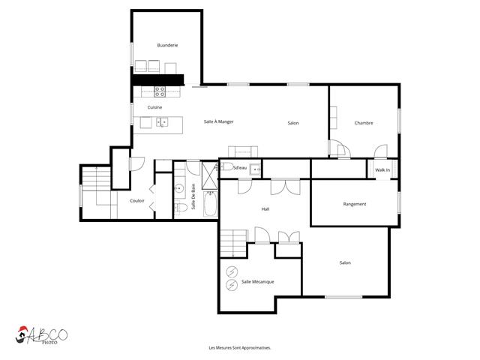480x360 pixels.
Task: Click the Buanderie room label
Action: pos(167,45)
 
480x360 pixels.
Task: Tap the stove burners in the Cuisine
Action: pos(160,91)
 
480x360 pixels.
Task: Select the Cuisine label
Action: pos(154,107)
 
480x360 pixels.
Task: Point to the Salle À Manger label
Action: pos(218,121)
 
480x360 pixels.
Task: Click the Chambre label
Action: pos(364,123)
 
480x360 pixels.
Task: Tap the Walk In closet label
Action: pos(382,170)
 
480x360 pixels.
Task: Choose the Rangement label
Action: pos(355,204)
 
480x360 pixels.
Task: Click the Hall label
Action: pos(265,209)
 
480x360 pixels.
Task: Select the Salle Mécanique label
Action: pos(258,282)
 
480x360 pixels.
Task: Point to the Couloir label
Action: pos(136,201)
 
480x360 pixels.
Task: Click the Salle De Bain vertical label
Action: pos(193,196)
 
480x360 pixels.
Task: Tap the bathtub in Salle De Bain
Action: pos(210,203)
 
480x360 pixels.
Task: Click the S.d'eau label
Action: pos(240,168)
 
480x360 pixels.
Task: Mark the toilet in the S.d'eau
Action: pos(226,166)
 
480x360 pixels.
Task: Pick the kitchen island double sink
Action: pos(162,122)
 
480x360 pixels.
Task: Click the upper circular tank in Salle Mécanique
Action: pos(232,271)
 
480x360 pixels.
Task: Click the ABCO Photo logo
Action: pos(41,335)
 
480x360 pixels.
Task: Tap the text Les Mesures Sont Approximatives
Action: pos(240,348)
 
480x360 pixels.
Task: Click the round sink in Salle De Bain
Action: pos(178,188)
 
